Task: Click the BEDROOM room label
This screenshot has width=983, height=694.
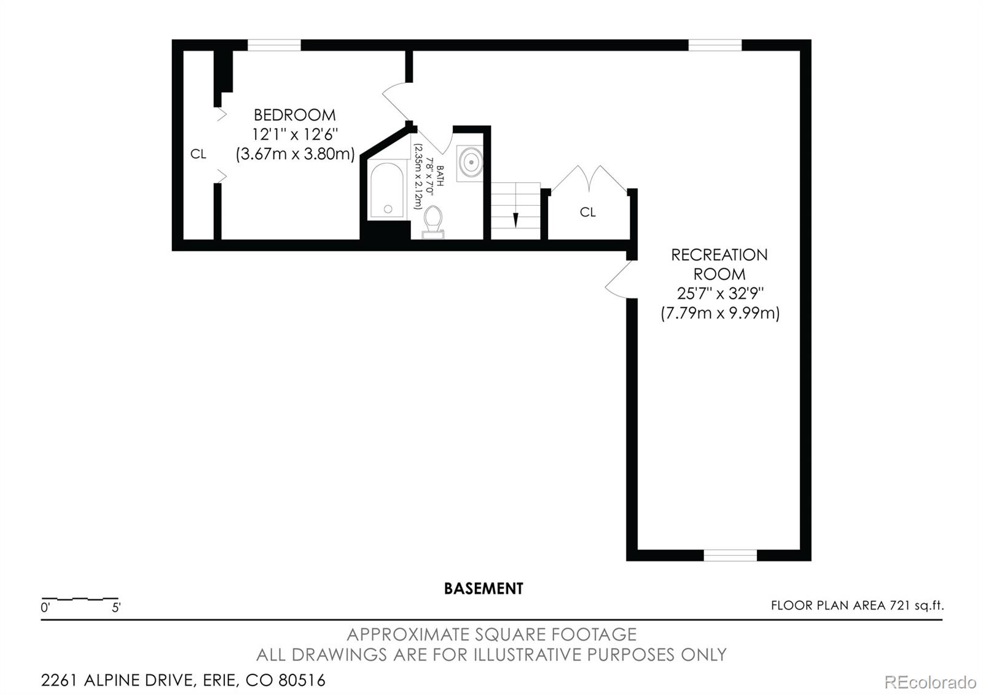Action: (294, 115)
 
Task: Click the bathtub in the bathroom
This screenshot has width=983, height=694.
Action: (387, 190)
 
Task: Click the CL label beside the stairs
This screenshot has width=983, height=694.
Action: (588, 212)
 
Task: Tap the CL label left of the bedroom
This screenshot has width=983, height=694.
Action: (198, 154)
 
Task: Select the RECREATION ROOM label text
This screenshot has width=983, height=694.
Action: (719, 264)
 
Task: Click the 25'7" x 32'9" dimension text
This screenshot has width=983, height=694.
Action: (720, 294)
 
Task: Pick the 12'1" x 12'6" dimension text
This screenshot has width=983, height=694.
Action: (295, 135)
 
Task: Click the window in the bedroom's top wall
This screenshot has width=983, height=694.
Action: (274, 45)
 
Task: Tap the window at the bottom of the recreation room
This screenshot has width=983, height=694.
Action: (730, 555)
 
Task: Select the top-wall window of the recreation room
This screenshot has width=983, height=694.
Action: (715, 45)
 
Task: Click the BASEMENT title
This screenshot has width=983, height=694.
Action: (484, 588)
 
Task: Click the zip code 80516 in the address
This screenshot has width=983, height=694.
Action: (302, 680)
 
